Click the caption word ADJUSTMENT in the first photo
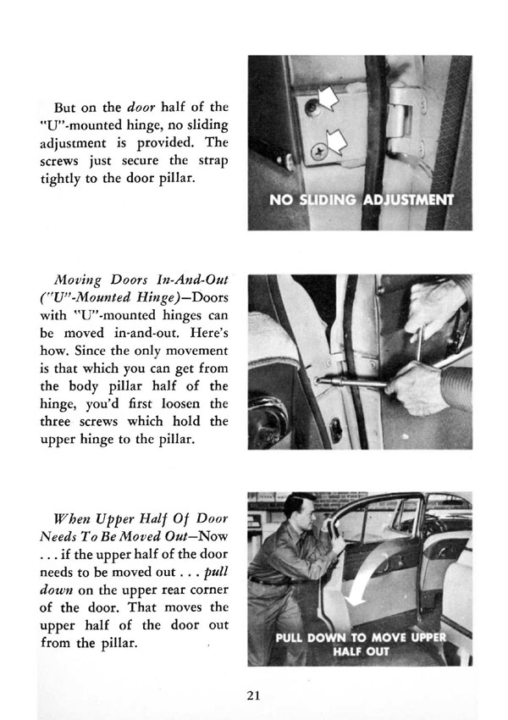click(408, 201)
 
